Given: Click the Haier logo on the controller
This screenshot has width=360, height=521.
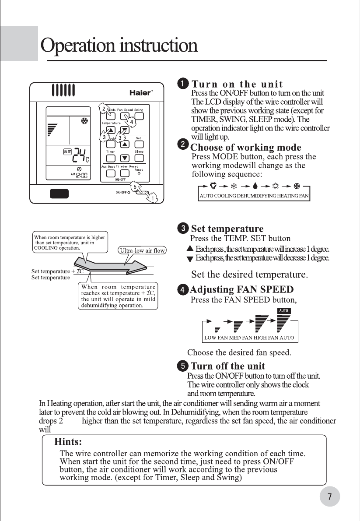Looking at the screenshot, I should coord(140,93).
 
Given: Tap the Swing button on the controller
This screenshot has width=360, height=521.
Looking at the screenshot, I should coord(139,116).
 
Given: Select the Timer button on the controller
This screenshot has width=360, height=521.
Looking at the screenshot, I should coord(111,158).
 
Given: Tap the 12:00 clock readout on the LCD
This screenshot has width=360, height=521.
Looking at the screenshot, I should coord(82,176).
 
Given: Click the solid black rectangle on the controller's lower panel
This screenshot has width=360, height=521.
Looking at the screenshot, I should coord(59,193).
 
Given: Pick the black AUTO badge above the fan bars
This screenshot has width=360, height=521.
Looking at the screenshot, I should coord(283,310).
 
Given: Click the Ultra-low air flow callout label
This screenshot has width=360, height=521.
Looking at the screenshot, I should coord(143,251).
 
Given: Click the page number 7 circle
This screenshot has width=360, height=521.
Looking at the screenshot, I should coord(329,496).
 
